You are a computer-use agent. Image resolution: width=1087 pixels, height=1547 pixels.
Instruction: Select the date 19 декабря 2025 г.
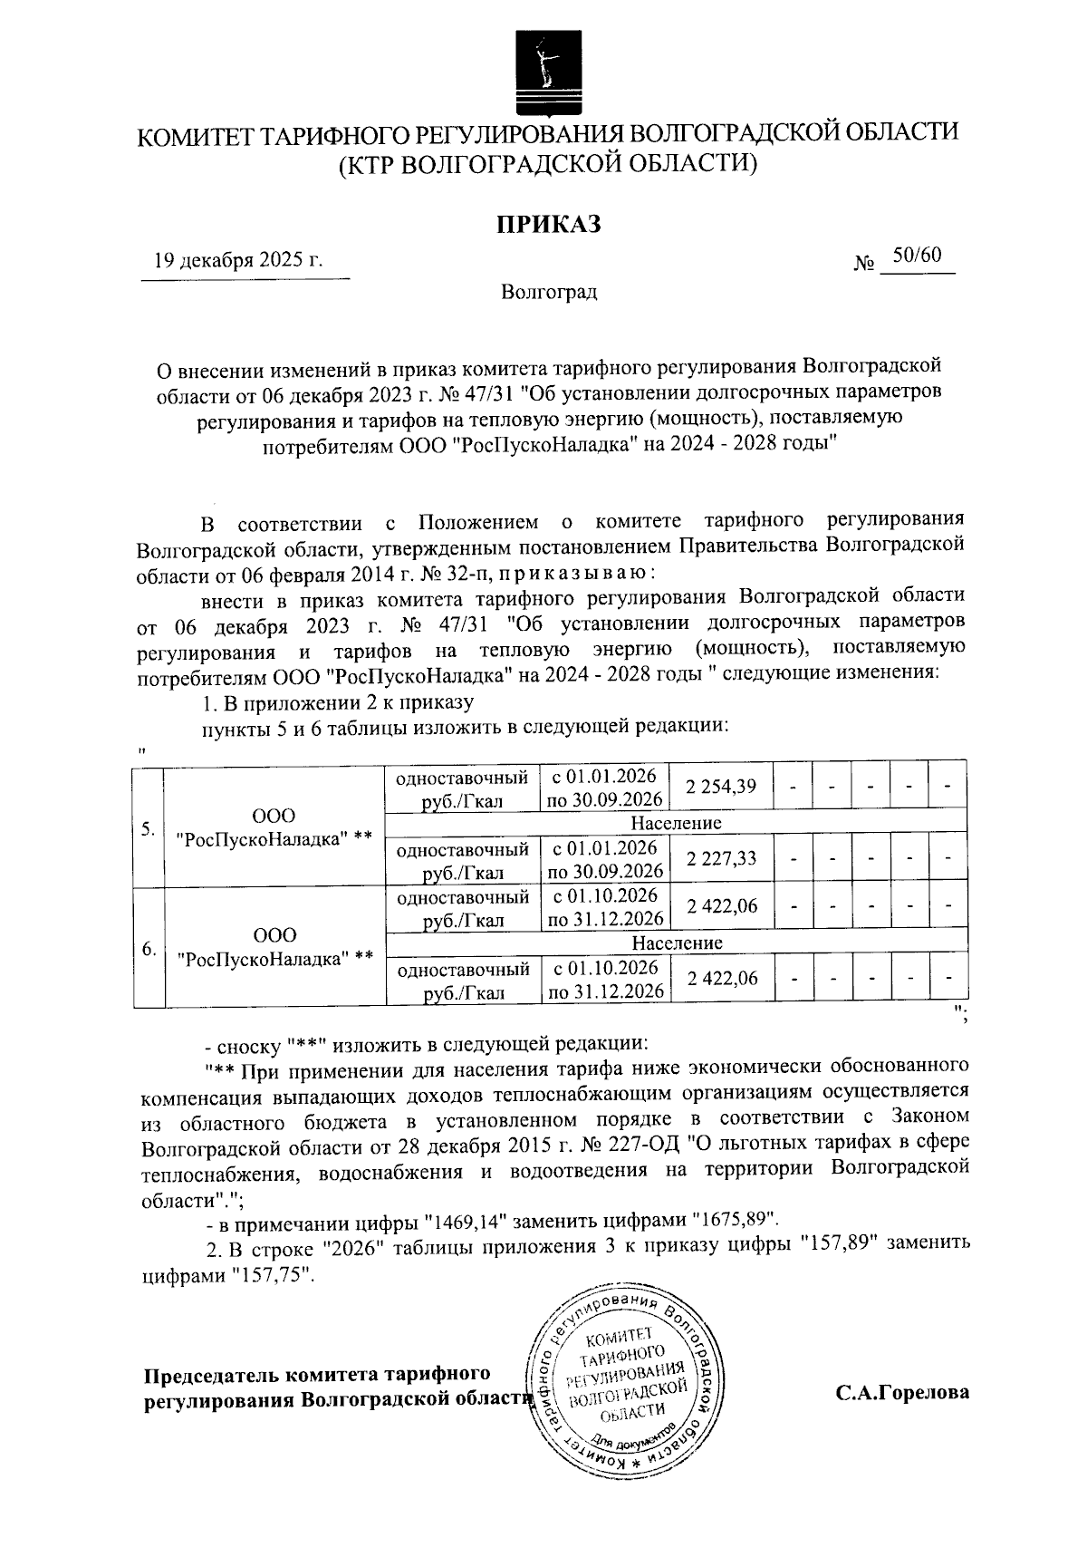tap(238, 261)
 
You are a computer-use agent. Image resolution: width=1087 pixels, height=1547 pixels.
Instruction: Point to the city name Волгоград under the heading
tap(548, 292)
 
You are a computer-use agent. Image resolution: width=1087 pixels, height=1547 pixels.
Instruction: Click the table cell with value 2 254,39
tap(721, 787)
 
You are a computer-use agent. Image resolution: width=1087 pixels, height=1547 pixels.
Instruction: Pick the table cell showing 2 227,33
tap(721, 858)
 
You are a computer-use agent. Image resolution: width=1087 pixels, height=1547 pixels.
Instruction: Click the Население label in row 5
tap(676, 823)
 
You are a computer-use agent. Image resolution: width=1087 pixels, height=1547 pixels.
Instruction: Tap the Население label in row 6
tap(676, 943)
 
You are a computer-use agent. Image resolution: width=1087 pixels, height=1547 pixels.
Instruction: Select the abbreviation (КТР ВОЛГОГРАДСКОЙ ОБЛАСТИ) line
tap(547, 164)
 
